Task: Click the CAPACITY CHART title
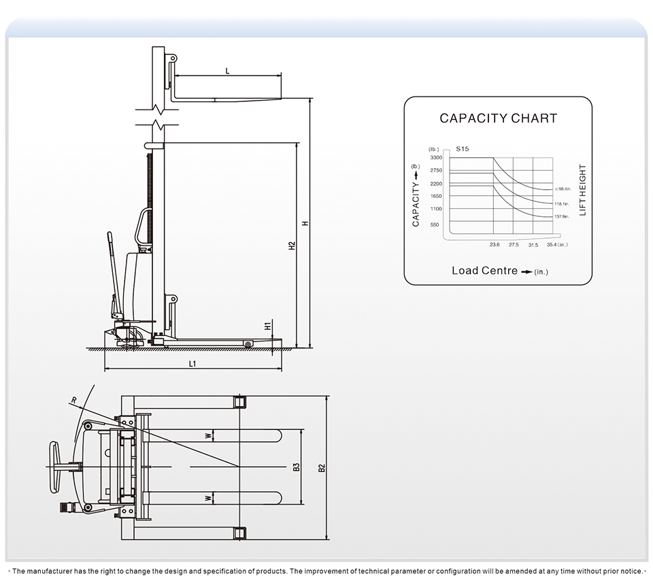pos(498,118)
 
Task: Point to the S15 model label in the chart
pos(463,148)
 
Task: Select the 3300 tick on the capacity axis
pos(436,157)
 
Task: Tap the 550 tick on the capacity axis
pos(435,224)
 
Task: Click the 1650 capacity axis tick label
pos(435,196)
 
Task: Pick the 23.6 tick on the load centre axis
pos(495,244)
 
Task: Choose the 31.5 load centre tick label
pos(533,244)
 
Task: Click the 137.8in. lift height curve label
pos(561,216)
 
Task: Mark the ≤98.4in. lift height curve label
pos(562,188)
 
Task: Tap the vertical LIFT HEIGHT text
pos(583,190)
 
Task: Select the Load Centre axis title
pos(485,271)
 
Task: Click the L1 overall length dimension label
pos(192,365)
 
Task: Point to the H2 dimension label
pos(291,245)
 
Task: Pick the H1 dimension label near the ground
pos(268,327)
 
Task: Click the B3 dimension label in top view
pos(296,467)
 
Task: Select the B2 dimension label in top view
pos(322,467)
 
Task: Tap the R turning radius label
pos(73,399)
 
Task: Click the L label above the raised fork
pos(227,71)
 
